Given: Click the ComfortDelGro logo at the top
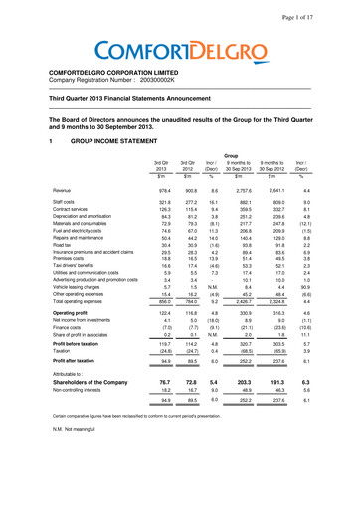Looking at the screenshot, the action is tap(180, 47).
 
